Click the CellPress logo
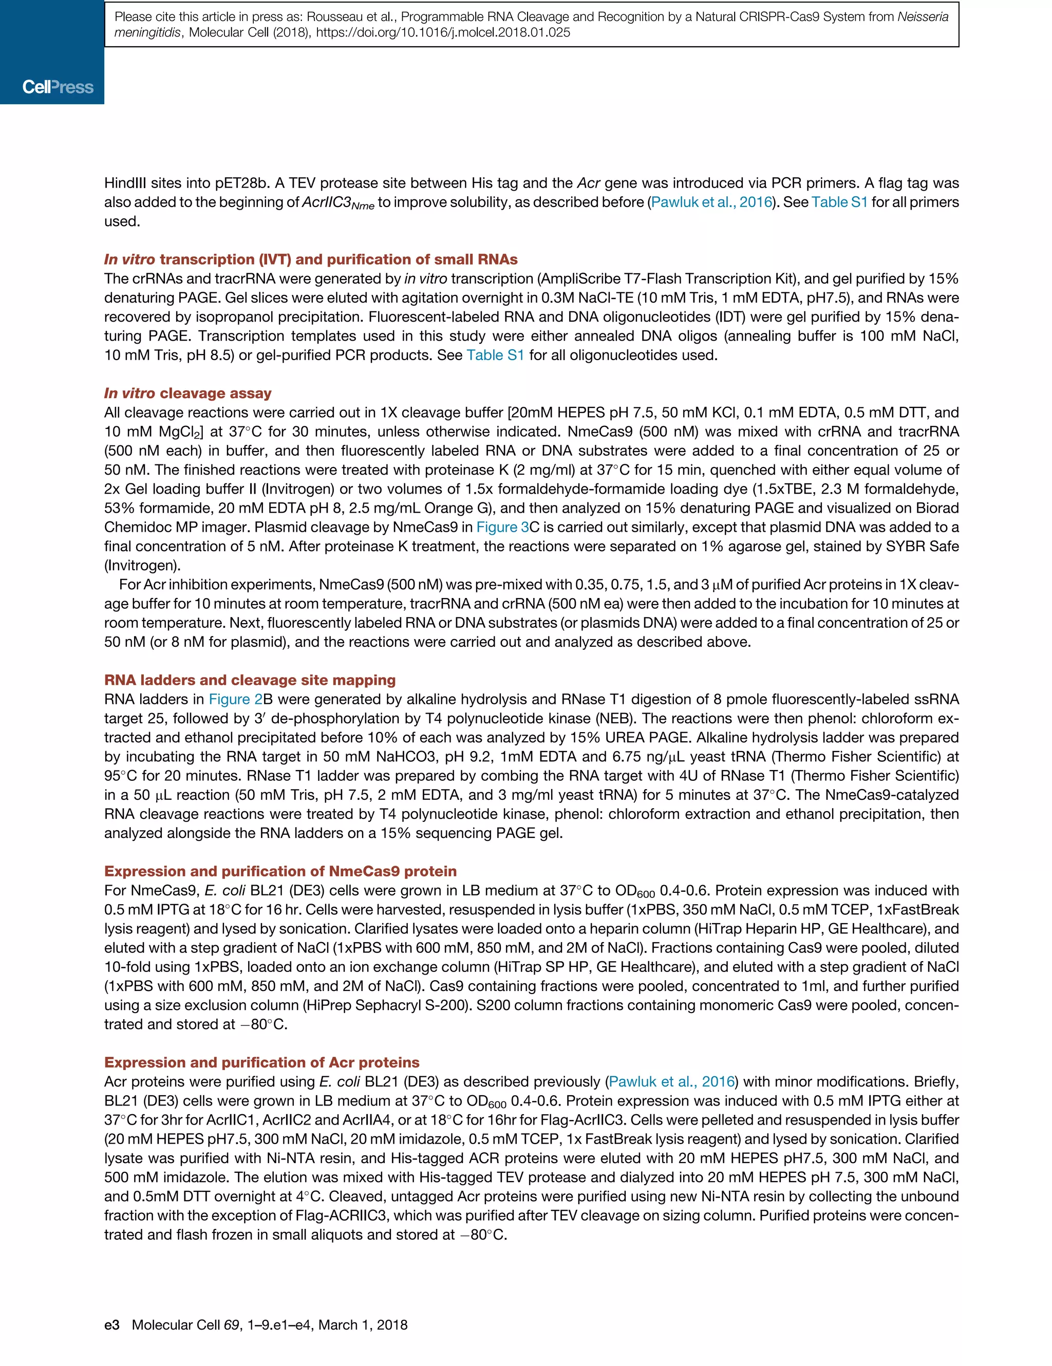(58, 87)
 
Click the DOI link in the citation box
(443, 32)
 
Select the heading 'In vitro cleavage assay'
(187, 394)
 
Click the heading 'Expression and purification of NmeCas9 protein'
(280, 871)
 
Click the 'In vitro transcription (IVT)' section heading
(311, 259)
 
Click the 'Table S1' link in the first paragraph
(839, 202)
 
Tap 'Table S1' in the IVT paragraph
(495, 355)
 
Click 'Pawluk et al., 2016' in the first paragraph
(711, 202)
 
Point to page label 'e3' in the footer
(111, 1325)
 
